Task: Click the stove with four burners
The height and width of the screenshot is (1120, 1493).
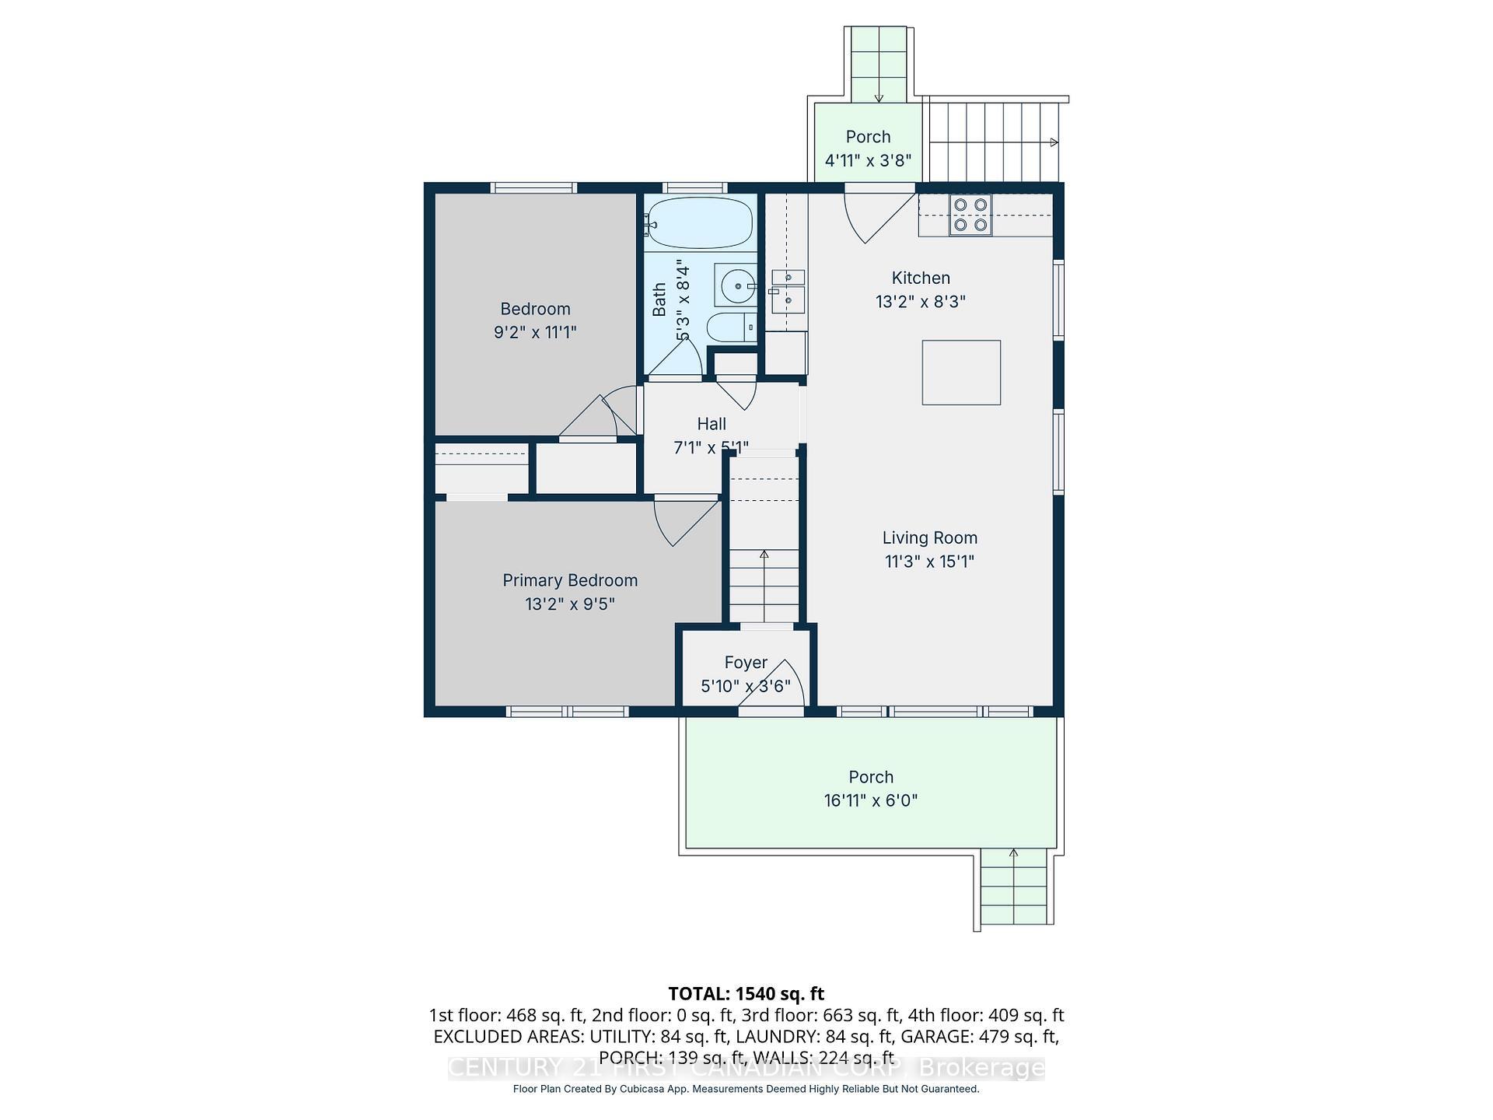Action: coord(970,215)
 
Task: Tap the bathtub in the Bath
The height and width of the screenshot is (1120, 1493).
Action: coord(700,222)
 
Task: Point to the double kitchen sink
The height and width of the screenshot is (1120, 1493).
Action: coord(788,289)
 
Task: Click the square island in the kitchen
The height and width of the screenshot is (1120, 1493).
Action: coord(961,373)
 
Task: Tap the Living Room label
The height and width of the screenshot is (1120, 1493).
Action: coord(929,537)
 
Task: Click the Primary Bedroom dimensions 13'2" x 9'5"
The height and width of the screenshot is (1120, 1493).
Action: coord(569,604)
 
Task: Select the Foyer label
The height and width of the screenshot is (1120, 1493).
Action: coord(746,663)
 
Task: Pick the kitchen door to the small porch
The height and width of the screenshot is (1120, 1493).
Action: coord(875,216)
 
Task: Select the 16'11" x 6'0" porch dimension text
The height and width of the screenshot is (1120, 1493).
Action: coord(871,800)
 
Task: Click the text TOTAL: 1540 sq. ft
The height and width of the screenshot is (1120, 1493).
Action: coord(746,993)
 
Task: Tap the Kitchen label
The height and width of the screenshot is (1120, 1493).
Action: coord(921,278)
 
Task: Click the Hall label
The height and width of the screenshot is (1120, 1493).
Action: coord(712,424)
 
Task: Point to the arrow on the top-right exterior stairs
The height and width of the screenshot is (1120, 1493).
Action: coord(1053,142)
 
